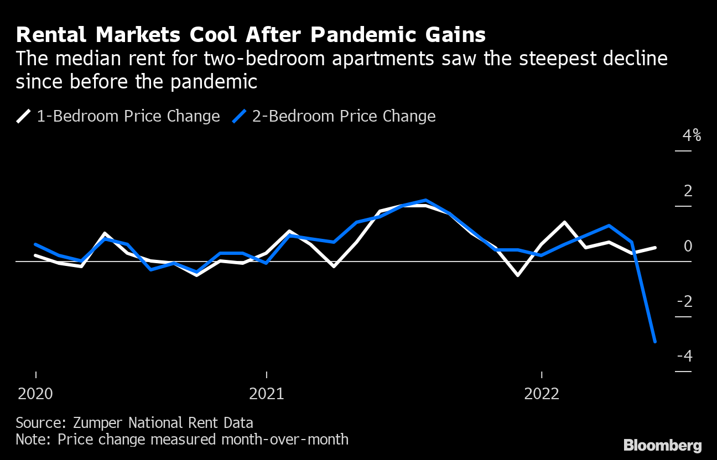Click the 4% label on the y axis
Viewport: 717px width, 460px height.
click(x=692, y=135)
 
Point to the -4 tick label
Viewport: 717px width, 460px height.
click(x=684, y=356)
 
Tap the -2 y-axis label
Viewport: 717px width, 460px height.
click(x=684, y=301)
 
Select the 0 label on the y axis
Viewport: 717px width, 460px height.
click(x=688, y=246)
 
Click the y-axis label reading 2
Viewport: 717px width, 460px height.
click(x=688, y=191)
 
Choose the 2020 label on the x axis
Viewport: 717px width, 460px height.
click(x=35, y=394)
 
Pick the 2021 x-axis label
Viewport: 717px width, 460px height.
click(x=267, y=394)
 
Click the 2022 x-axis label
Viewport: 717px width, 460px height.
click(x=542, y=394)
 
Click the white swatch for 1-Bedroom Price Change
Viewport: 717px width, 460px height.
click(x=24, y=117)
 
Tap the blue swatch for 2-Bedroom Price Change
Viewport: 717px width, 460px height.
click(x=240, y=117)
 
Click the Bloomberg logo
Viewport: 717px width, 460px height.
click(x=662, y=446)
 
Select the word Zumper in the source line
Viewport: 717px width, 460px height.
click(x=100, y=424)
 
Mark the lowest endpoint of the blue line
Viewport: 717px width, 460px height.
click(x=655, y=342)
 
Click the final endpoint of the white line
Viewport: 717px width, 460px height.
click(x=655, y=248)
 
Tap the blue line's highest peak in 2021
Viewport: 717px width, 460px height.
click(x=425, y=200)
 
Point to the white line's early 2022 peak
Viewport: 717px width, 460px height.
click(x=564, y=222)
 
